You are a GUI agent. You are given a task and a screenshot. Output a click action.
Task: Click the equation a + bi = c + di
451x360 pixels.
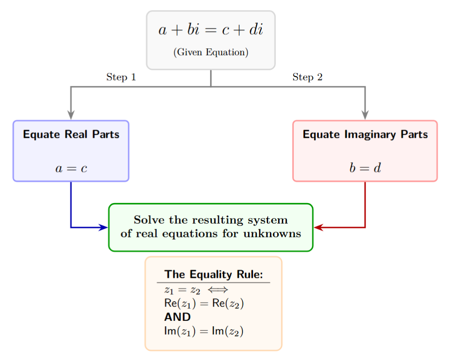point(211,31)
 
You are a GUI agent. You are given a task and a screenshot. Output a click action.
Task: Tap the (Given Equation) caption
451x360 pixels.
point(211,52)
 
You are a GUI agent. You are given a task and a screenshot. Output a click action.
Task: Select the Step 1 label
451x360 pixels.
point(121,77)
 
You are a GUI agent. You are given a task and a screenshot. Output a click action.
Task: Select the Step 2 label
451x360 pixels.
point(307,77)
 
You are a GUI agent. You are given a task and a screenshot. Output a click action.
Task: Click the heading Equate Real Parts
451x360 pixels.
point(71,135)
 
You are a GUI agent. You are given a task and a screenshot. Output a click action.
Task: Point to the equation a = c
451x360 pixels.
point(71,168)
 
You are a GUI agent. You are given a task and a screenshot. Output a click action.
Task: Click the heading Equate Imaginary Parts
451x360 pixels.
point(365,135)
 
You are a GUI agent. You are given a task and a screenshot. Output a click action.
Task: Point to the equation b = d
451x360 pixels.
point(365,168)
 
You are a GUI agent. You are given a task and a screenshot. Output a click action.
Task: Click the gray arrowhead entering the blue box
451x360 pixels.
point(71,115)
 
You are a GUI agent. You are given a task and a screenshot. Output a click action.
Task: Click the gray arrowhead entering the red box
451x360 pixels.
point(365,115)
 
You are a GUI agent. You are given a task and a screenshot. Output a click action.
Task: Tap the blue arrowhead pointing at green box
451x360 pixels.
point(103,227)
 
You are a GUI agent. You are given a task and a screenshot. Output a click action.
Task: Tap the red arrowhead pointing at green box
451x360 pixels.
point(318,227)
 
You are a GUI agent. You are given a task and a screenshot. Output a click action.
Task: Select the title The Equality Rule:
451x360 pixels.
point(214,275)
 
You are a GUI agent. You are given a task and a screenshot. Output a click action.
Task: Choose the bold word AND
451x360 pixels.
point(177,317)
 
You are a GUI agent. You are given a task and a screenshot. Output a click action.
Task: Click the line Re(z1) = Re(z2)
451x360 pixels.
point(203,304)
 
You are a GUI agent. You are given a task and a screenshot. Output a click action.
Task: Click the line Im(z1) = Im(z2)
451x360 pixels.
point(203,331)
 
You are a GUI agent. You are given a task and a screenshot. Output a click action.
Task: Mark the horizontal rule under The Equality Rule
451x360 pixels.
point(213,283)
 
